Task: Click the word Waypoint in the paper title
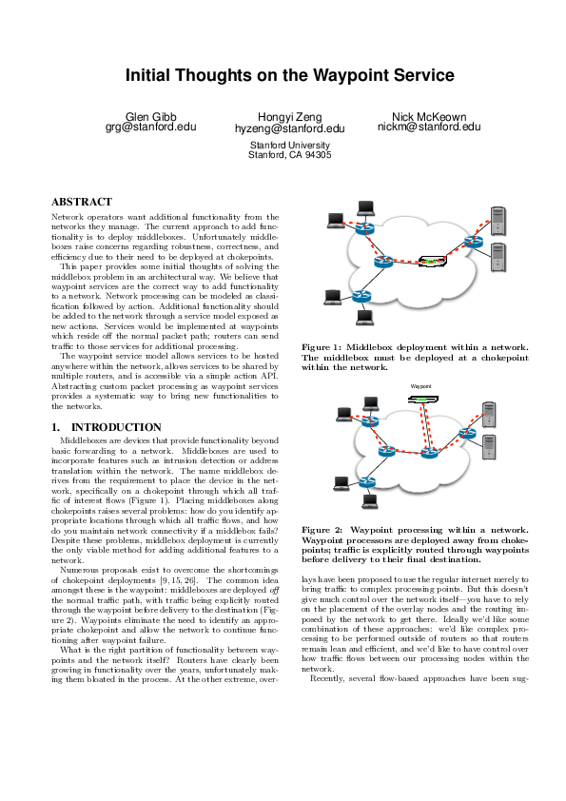[x=348, y=75]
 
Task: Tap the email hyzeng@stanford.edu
[x=289, y=128]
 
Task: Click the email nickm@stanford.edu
[x=429, y=127]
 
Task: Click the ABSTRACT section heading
[x=82, y=203]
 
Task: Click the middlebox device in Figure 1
[x=434, y=262]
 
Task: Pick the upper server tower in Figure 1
[x=497, y=222]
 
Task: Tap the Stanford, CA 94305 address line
[x=289, y=154]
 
